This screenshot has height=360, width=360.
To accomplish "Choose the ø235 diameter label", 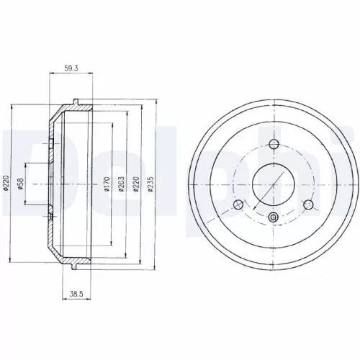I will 149,188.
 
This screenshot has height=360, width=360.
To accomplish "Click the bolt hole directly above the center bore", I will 273,142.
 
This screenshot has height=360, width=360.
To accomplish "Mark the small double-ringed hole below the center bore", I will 273,217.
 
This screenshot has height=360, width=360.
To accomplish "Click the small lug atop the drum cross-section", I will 76,101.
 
